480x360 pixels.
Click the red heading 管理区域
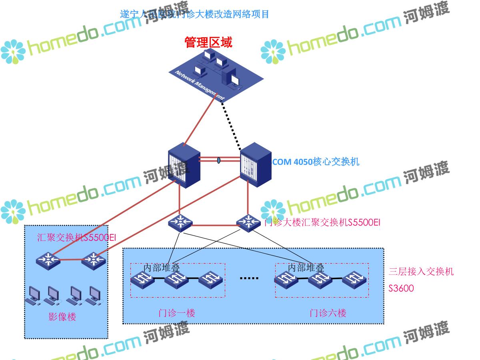[x=208, y=42]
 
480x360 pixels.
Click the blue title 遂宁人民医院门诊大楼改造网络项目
[x=194, y=14]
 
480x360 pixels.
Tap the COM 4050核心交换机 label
[x=316, y=162]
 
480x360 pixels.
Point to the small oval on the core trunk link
[x=219, y=160]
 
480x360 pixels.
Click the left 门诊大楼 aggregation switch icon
[x=180, y=223]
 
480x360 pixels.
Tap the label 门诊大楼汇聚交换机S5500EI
[x=322, y=223]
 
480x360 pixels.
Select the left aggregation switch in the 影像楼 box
[x=48, y=260]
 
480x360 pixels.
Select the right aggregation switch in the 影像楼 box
[x=94, y=260]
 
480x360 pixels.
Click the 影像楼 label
[x=62, y=317]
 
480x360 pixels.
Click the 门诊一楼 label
[x=176, y=313]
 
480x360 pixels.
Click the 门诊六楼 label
[x=328, y=313]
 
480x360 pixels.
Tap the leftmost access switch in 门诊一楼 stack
[x=143, y=280]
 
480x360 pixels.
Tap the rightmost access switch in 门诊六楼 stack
[x=354, y=280]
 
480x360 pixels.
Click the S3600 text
[x=401, y=288]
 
